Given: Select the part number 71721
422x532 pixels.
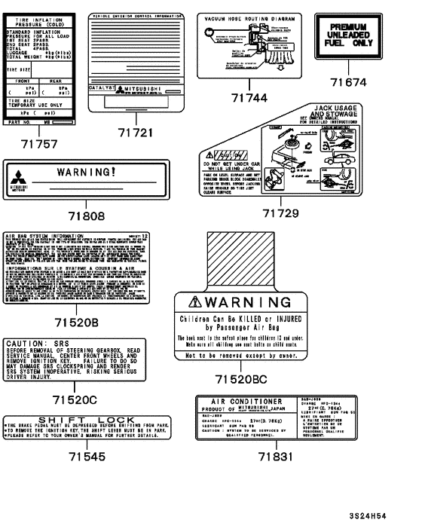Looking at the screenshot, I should coord(136,133).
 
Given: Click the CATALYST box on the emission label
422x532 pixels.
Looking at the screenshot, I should coord(103,109).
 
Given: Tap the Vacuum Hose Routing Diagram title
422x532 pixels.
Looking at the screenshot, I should coord(249,17).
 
